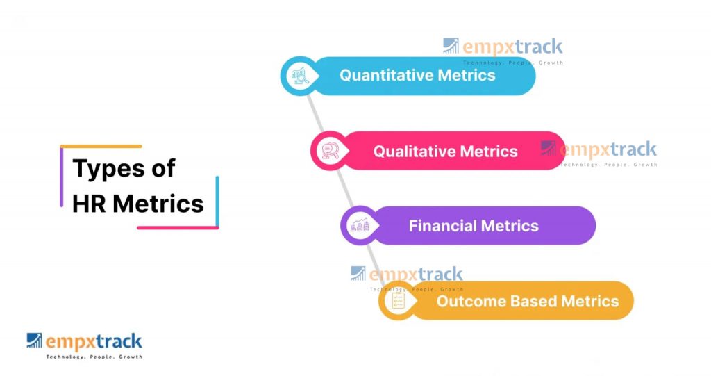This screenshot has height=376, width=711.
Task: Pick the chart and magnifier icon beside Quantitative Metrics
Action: tap(300, 76)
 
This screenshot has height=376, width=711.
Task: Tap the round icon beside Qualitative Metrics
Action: tap(330, 151)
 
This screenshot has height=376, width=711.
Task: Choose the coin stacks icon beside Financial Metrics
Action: tap(360, 225)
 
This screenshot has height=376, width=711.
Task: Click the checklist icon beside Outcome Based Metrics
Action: tap(398, 300)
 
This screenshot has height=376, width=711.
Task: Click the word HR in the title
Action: tap(89, 204)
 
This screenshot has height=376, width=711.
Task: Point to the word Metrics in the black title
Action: tap(158, 204)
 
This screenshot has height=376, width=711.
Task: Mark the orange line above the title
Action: tap(101, 146)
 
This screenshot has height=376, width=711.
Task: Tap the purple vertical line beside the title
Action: tap(61, 177)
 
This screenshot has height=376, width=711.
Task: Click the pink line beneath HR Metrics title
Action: tap(178, 227)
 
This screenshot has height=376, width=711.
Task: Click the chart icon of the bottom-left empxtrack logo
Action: tap(34, 341)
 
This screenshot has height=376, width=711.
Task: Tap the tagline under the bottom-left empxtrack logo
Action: tap(94, 357)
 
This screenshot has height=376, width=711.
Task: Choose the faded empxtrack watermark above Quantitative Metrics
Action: tap(503, 50)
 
